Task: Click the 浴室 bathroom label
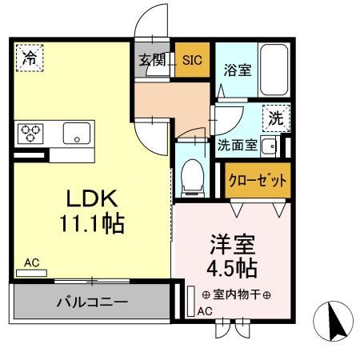click(238, 69)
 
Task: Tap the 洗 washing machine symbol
click(275, 119)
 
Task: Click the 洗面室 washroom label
click(238, 146)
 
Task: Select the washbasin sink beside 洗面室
click(270, 146)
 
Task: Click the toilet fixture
click(192, 176)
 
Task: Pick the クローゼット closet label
click(256, 179)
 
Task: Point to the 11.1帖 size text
click(90, 224)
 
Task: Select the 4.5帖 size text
click(231, 266)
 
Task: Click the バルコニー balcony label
click(92, 303)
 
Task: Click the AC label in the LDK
click(30, 262)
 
